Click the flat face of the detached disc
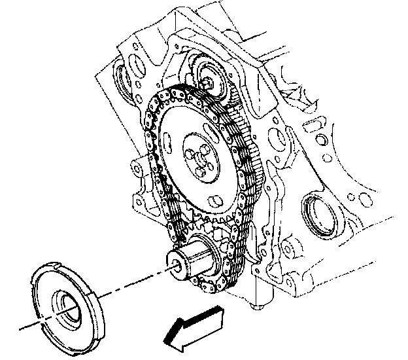click(52, 288)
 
